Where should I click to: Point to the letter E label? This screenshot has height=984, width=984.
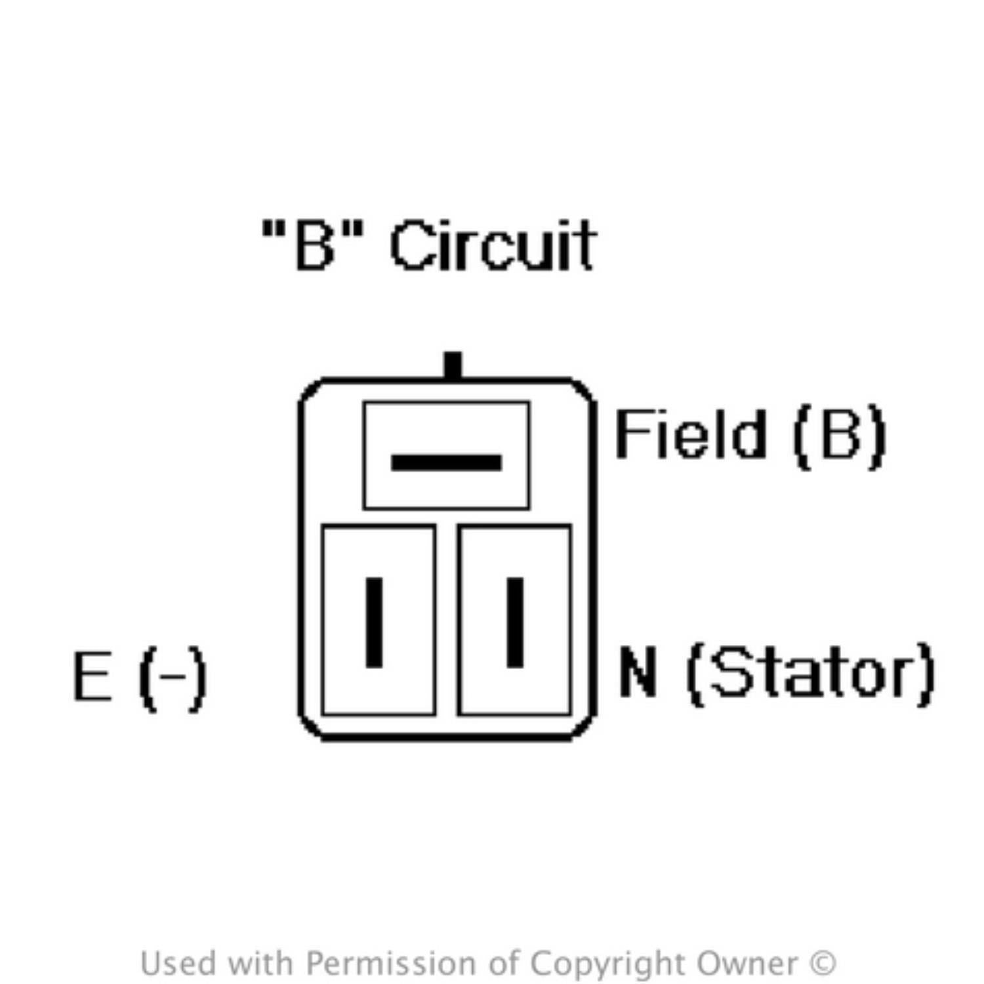tap(92, 676)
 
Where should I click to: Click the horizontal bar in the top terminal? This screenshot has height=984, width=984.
tap(446, 462)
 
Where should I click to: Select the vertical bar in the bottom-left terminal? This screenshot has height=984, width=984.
tap(374, 623)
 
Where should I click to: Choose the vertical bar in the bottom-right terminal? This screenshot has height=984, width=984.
tap(516, 623)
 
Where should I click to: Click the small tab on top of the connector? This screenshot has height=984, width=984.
tap(453, 365)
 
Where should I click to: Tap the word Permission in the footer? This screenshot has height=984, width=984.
tap(391, 964)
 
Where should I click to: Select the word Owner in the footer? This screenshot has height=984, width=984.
tap(748, 964)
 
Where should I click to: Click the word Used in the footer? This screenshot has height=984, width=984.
tap(178, 964)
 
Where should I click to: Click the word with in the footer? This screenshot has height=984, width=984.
tap(262, 964)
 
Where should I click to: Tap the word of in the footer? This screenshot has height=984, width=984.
tap(503, 964)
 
